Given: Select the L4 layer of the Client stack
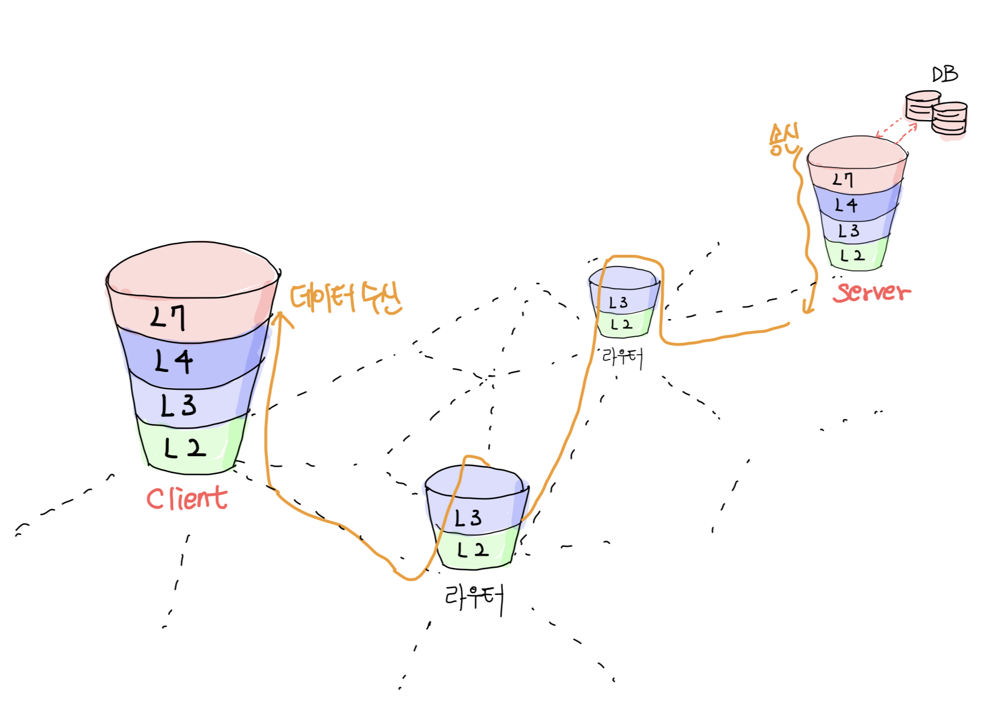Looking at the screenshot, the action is tap(174, 362).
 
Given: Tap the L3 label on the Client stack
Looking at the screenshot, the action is tap(178, 405).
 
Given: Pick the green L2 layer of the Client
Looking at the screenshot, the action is tap(185, 448).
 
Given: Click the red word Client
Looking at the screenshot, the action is tap(187, 499).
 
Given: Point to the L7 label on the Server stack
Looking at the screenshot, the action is tap(844, 180).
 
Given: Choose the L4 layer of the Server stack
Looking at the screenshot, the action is tap(846, 206).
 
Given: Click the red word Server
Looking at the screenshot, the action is tap(872, 292).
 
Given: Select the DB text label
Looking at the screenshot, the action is tap(945, 75).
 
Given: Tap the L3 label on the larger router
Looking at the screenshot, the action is tap(468, 518).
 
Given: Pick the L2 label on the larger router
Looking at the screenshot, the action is tap(473, 550).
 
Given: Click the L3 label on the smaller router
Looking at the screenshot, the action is tap(618, 302).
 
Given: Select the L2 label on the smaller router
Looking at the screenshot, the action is tap(622, 325).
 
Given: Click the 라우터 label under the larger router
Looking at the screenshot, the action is tap(474, 598).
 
